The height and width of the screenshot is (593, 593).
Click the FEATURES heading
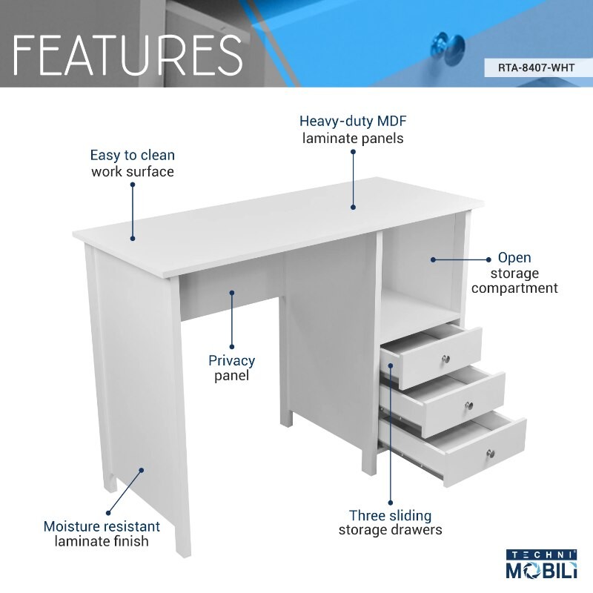(127, 53)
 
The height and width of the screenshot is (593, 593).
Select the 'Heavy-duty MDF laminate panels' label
(352, 129)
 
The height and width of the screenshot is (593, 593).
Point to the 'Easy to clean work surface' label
(133, 163)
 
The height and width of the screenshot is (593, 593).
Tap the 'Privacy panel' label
(231, 368)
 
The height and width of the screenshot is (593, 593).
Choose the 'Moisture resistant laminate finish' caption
(102, 534)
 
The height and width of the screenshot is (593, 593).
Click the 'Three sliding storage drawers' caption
(390, 522)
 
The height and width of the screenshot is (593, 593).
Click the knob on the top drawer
(446, 359)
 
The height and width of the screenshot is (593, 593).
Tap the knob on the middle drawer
(468, 405)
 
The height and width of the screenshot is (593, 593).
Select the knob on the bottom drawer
(490, 452)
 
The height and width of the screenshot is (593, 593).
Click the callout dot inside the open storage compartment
(433, 259)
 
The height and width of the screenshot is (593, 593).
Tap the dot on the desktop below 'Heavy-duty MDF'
(354, 208)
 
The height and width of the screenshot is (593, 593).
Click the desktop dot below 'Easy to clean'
(133, 238)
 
